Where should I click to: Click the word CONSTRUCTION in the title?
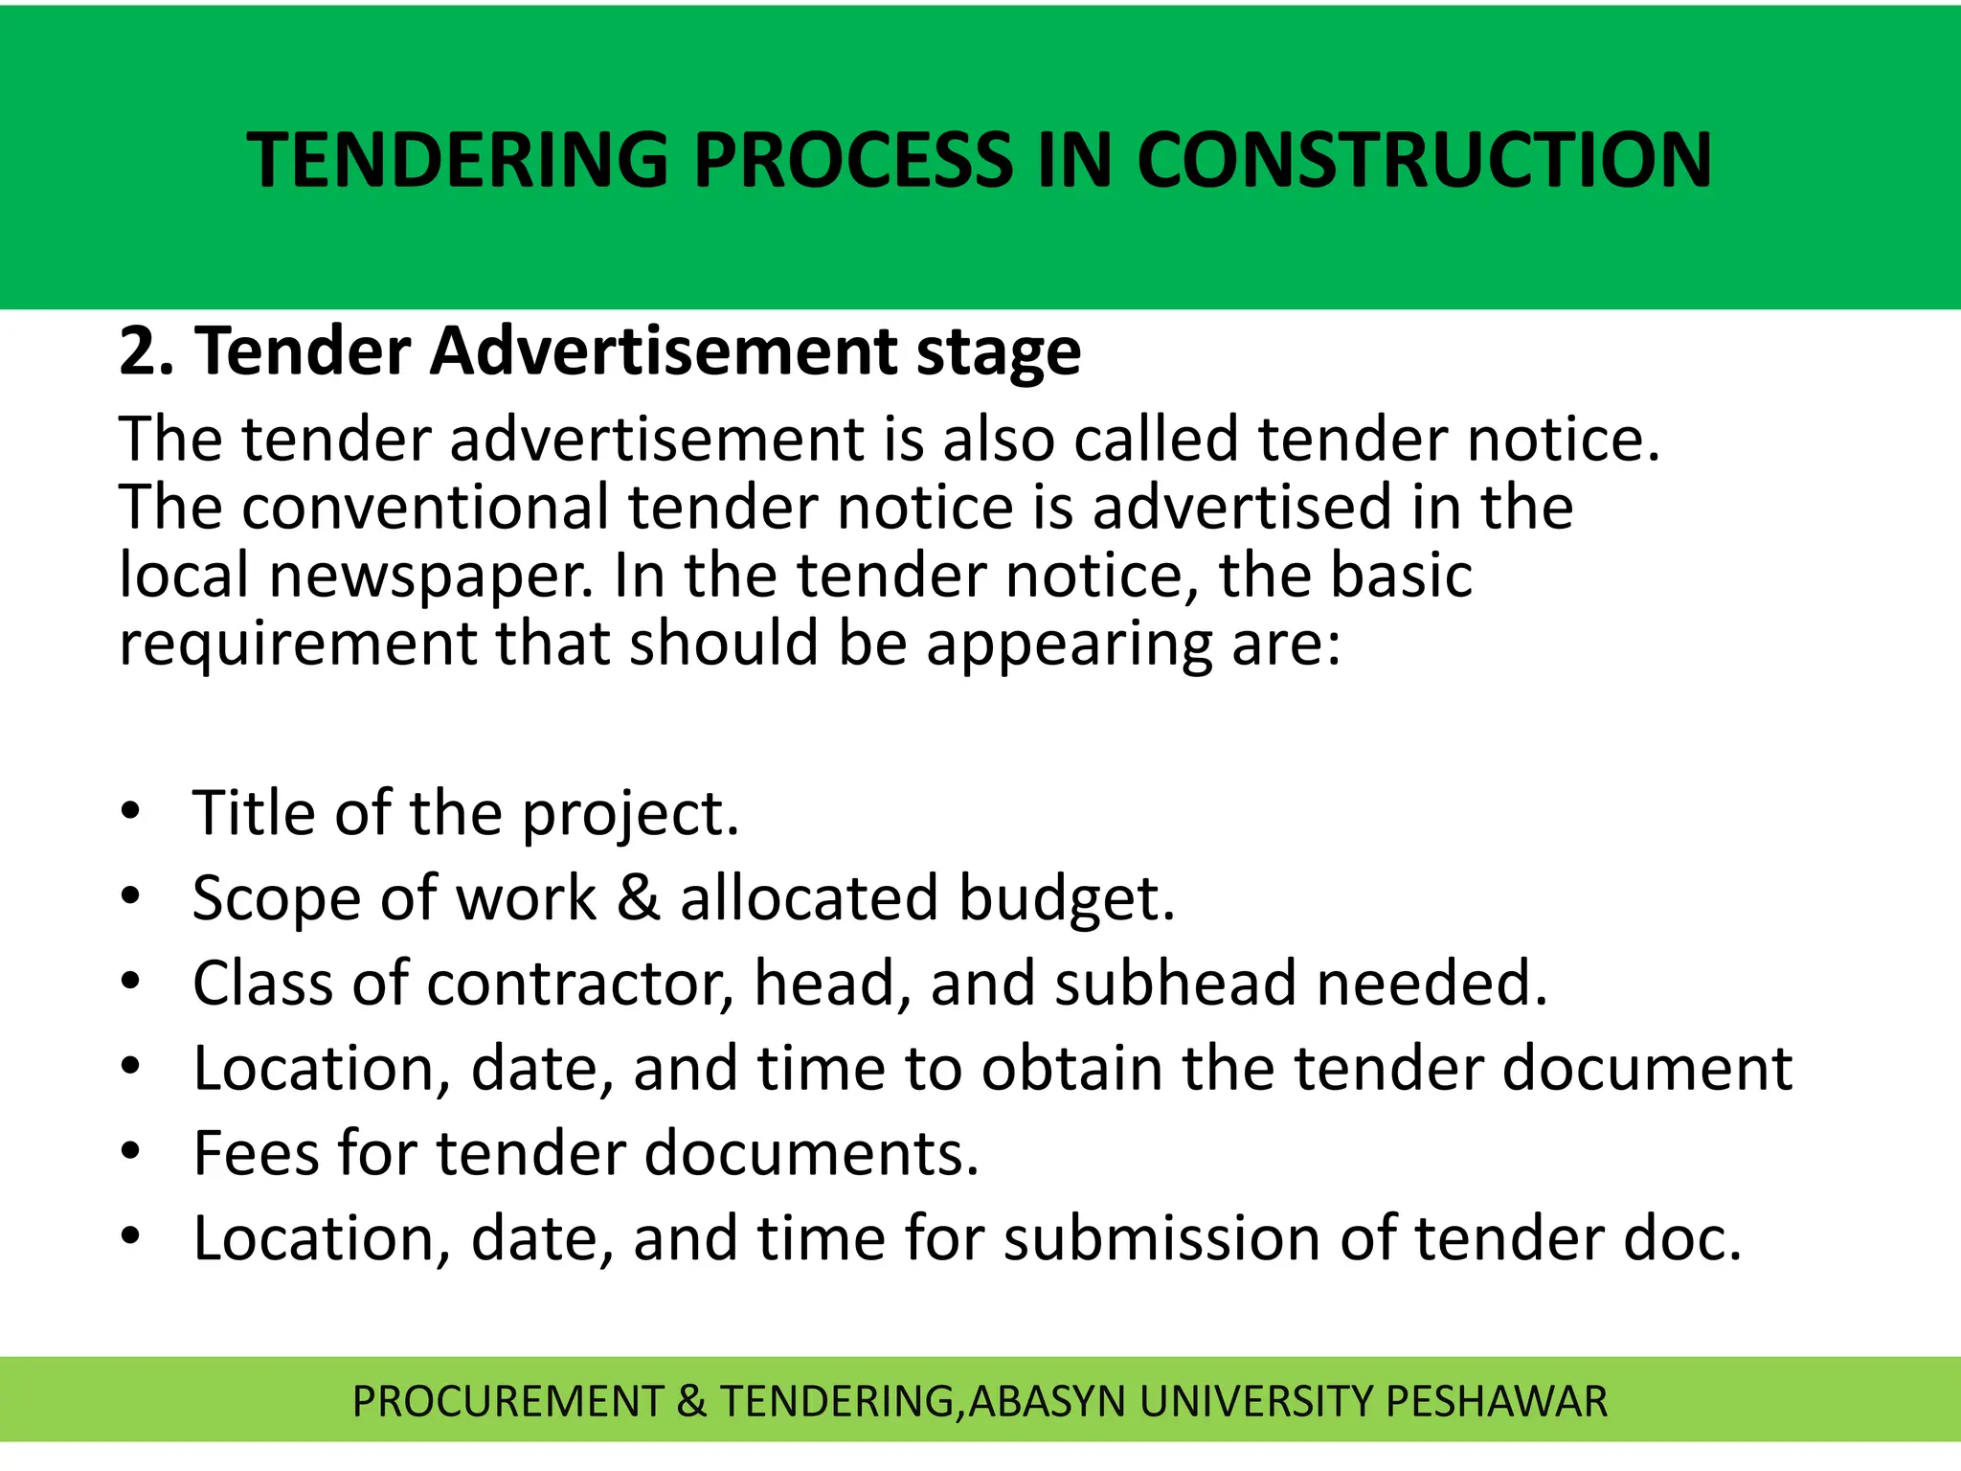tap(1424, 159)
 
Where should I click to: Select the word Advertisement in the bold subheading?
tap(663, 351)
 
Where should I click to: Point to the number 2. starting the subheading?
tap(147, 351)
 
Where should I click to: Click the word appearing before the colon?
tap(1069, 644)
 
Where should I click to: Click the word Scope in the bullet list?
tap(276, 898)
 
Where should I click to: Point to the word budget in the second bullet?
tap(1066, 898)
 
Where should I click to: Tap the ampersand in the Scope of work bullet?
tap(639, 898)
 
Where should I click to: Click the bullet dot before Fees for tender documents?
tap(131, 1151)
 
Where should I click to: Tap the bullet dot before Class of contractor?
tap(131, 982)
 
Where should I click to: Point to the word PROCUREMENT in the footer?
tap(507, 1401)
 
